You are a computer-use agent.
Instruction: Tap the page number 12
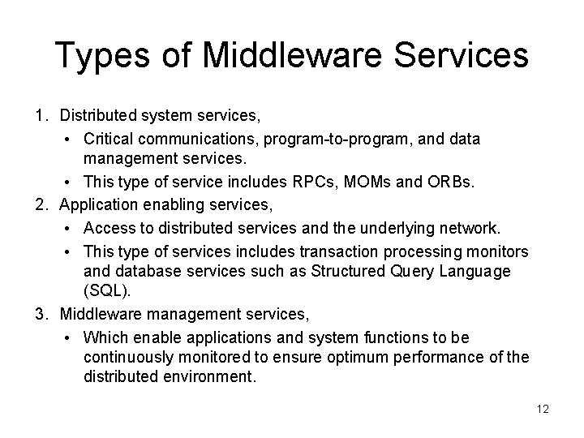click(x=543, y=409)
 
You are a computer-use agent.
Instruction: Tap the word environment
click(x=212, y=376)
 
